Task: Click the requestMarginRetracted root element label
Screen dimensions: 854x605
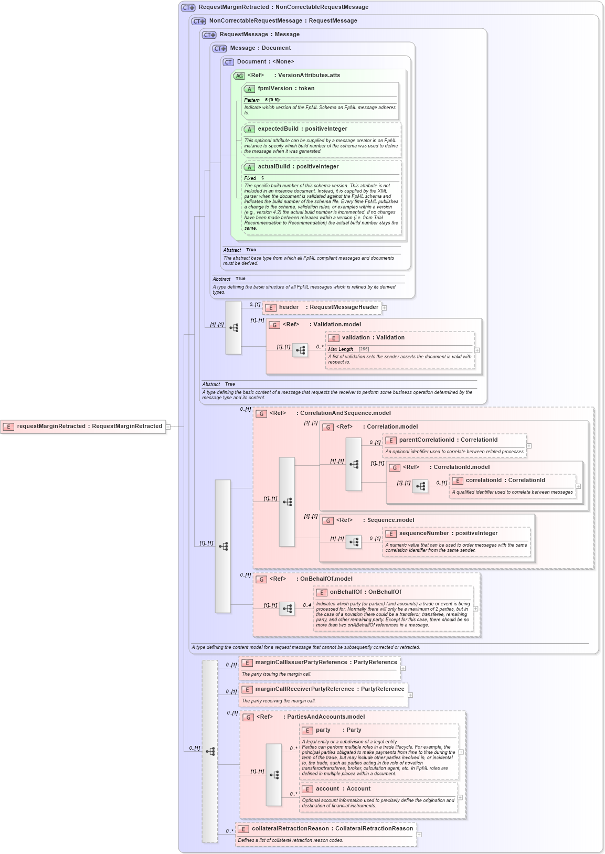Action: pyautogui.click(x=89, y=426)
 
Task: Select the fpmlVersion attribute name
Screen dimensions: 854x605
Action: pyautogui.click(x=285, y=89)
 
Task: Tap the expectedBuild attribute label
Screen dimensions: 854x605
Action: pyautogui.click(x=302, y=129)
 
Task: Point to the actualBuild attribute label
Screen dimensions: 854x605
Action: pyautogui.click(x=298, y=167)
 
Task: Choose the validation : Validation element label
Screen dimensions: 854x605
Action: pyautogui.click(x=373, y=338)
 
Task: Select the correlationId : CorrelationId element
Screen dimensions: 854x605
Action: pyautogui.click(x=505, y=481)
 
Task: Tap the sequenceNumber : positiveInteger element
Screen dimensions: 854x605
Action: pyautogui.click(x=448, y=533)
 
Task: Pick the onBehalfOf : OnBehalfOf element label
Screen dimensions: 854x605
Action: pyautogui.click(x=365, y=592)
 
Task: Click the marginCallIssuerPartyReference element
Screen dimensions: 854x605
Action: pyautogui.click(x=325, y=663)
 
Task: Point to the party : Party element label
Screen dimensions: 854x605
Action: pyautogui.click(x=338, y=730)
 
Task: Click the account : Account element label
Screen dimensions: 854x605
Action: pyautogui.click(x=343, y=789)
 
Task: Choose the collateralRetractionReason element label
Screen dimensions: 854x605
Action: pyautogui.click(x=332, y=829)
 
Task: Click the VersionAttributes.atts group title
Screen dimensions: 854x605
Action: pyautogui.click(x=309, y=76)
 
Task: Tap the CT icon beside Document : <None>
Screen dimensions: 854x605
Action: pyautogui.click(x=228, y=62)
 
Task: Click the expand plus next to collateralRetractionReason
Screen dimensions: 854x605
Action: pyautogui.click(x=419, y=835)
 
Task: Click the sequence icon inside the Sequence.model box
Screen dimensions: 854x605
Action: pyautogui.click(x=354, y=542)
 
